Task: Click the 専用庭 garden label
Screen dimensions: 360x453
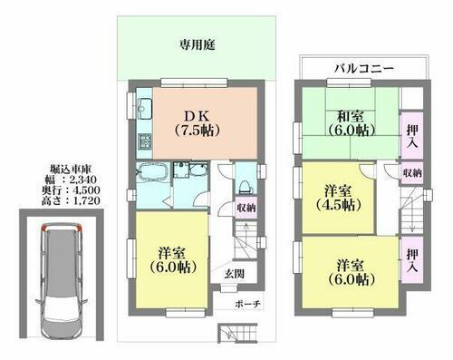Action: [194, 43]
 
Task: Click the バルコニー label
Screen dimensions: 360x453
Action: [361, 69]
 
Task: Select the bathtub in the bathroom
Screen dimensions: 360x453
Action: [150, 172]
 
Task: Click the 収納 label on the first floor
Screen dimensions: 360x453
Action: [245, 207]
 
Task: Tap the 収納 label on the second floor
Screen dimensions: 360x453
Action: [412, 172]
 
